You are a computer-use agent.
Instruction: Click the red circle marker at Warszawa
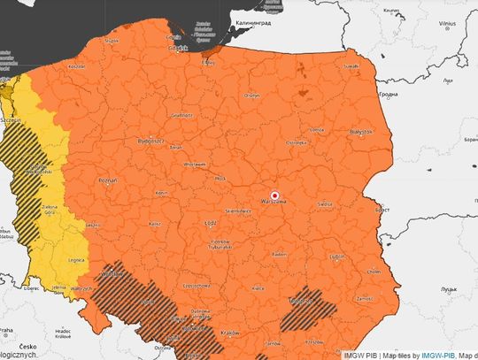274,195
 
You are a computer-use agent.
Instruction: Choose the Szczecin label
12,119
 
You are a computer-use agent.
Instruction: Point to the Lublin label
337,257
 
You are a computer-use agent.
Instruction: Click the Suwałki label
351,66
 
